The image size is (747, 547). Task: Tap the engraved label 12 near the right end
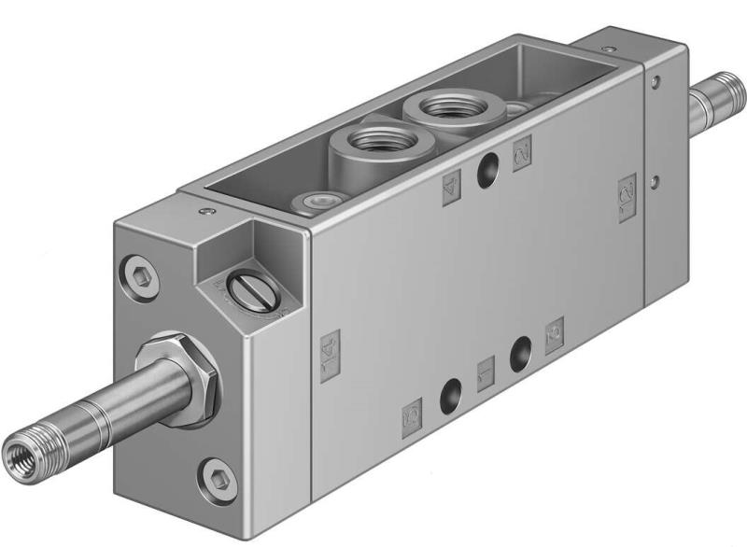[x=627, y=197]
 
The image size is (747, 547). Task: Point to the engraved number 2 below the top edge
[x=522, y=148]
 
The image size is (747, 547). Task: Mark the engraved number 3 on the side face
[x=554, y=330]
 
